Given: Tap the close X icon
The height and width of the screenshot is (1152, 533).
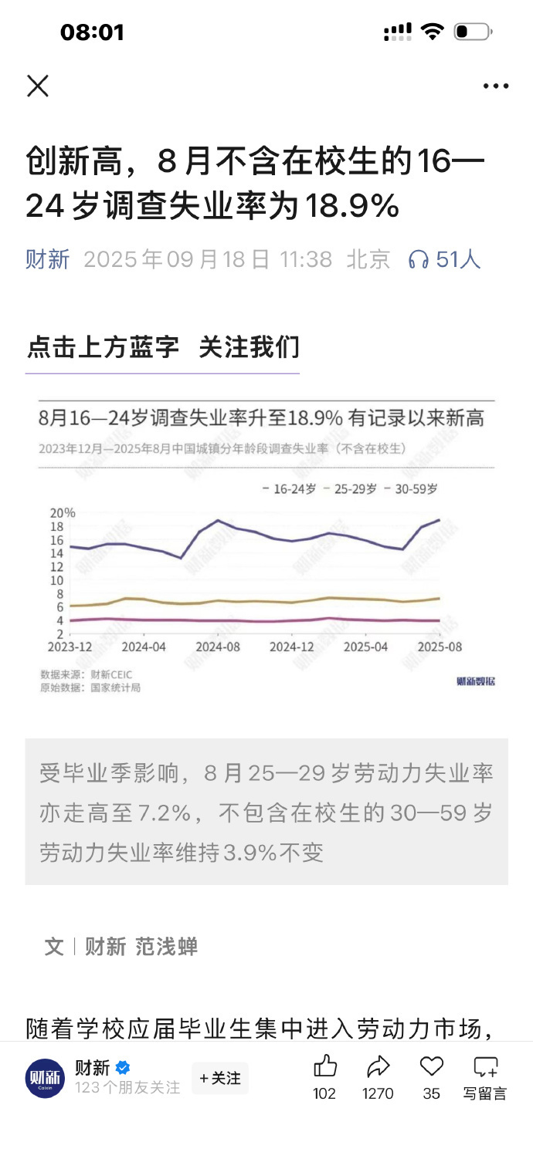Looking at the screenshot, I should pyautogui.click(x=38, y=86).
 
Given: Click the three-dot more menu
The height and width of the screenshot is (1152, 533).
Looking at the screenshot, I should pyautogui.click(x=495, y=86).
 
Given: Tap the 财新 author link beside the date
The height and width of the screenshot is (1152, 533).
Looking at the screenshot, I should pyautogui.click(x=48, y=259).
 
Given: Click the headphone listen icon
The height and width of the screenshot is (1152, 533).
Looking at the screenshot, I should pyautogui.click(x=419, y=260).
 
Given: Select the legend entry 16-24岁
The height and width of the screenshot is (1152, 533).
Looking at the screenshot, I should pyautogui.click(x=288, y=489).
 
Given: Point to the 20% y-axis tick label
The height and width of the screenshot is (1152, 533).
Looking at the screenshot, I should pyautogui.click(x=63, y=513).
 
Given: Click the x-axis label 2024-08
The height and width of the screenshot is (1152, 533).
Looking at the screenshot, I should pyautogui.click(x=219, y=647).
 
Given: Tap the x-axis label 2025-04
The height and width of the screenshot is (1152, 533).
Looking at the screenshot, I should pyautogui.click(x=366, y=647).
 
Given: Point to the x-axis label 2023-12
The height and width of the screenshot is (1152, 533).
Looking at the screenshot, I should pyautogui.click(x=70, y=647).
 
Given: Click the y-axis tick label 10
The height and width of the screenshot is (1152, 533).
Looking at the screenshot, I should pyautogui.click(x=56, y=580).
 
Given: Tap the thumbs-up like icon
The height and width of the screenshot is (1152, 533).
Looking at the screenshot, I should pyautogui.click(x=325, y=1066).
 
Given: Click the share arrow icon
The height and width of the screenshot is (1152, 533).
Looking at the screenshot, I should pyautogui.click(x=378, y=1066).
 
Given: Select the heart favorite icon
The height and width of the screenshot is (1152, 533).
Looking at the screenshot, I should pyautogui.click(x=431, y=1066).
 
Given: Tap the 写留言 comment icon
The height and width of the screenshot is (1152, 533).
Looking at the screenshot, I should pyautogui.click(x=485, y=1067).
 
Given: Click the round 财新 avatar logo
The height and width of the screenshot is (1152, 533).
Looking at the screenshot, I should pyautogui.click(x=45, y=1078).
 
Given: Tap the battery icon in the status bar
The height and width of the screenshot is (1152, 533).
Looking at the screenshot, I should pyautogui.click(x=472, y=32).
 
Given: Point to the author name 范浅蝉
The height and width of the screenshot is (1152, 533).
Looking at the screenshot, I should pyautogui.click(x=167, y=947).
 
